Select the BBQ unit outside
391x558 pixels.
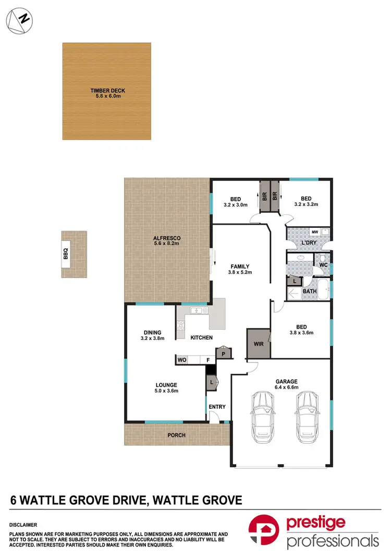coord(66,254)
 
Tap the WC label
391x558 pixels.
coord(323,265)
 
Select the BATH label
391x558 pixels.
coord(310,291)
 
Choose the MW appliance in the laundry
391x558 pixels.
coord(314,232)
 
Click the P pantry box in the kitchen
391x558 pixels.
coord(223,354)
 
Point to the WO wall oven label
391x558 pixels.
coord(182,360)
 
